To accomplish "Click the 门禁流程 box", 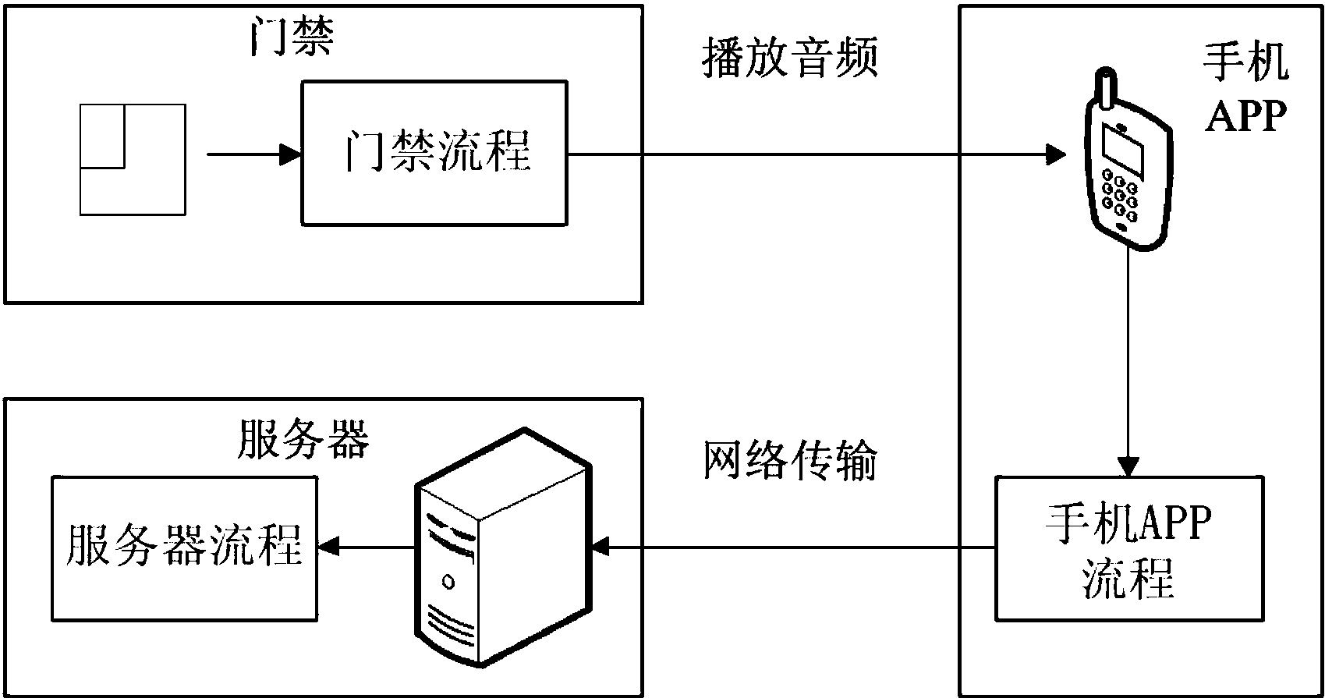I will [434, 153].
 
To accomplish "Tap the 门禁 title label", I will [292, 37].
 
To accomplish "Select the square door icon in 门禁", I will [133, 159].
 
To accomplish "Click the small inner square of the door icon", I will [103, 136].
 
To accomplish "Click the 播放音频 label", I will [789, 58].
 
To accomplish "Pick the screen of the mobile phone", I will [1122, 151].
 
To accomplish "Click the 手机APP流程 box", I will [1128, 549].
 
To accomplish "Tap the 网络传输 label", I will [789, 462].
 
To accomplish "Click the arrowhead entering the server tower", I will [601, 548].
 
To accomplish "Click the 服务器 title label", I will [302, 441].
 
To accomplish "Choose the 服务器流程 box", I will [184, 548].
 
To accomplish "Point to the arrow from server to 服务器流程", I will [367, 548].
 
